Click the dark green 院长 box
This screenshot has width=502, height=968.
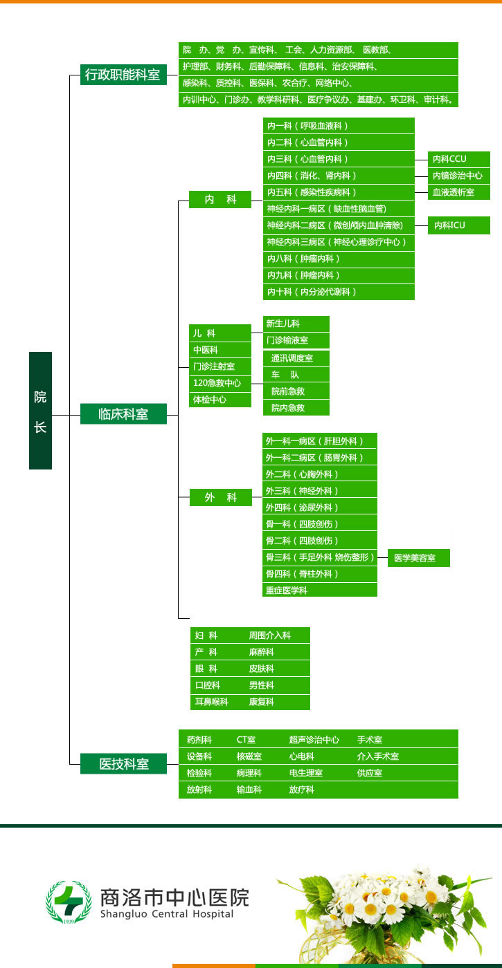[40, 410]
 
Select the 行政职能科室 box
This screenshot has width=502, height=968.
[123, 75]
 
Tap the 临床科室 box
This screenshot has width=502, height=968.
[123, 414]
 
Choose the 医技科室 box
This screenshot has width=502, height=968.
[123, 763]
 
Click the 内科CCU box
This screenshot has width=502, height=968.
[458, 159]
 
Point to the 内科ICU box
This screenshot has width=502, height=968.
[458, 225]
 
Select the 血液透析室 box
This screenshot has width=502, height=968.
[458, 192]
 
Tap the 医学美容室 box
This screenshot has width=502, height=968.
[418, 558]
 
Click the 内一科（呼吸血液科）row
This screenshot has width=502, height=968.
[339, 126]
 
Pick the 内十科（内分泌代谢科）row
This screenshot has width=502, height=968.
[339, 292]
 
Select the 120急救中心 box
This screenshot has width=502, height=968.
[220, 382]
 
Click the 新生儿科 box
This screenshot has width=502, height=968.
[296, 324]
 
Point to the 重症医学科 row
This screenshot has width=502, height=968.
[320, 590]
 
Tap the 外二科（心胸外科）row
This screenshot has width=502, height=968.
[320, 474]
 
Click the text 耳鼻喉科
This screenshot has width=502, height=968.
[211, 702]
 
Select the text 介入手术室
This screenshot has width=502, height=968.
[377, 756]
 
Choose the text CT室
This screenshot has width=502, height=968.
[246, 740]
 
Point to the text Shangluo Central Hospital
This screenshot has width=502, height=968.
[167, 914]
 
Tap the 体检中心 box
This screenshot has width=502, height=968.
[220, 399]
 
